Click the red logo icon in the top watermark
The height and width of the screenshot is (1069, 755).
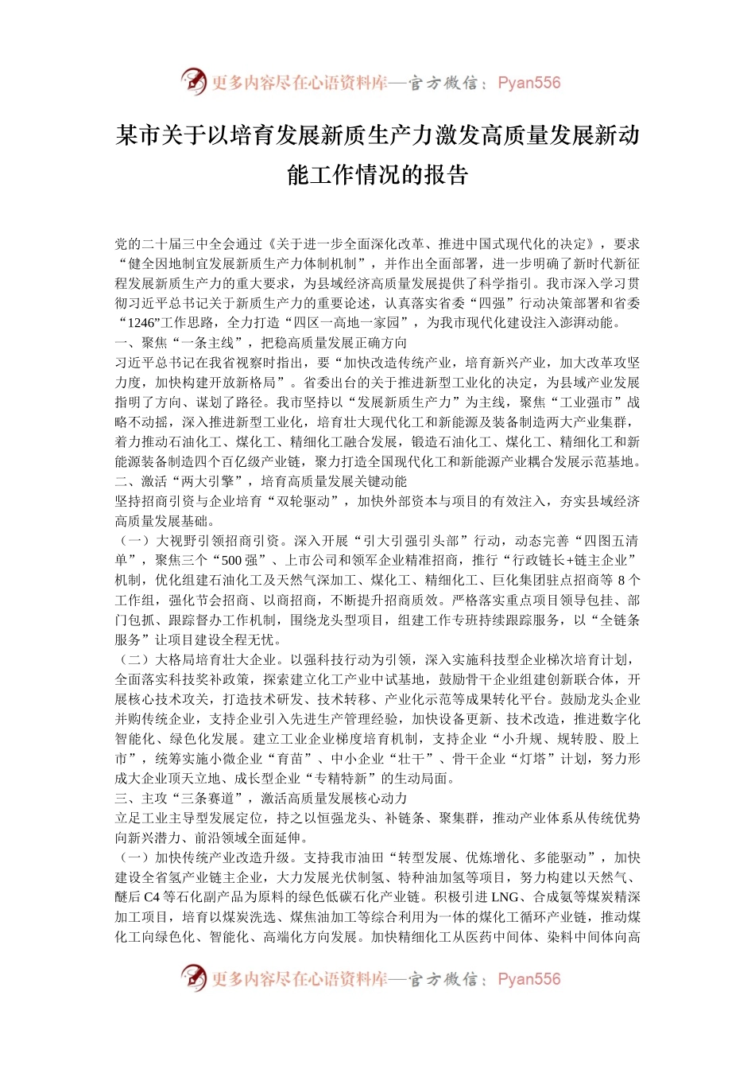(193, 81)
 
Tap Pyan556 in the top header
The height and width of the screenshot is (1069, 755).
(528, 83)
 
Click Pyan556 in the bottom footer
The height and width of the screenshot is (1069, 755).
(528, 979)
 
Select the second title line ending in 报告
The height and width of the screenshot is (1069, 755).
(377, 174)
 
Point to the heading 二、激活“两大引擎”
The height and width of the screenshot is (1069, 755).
(184, 481)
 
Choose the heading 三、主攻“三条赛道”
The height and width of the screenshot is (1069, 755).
(184, 798)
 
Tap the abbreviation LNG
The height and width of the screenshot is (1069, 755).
(505, 897)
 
